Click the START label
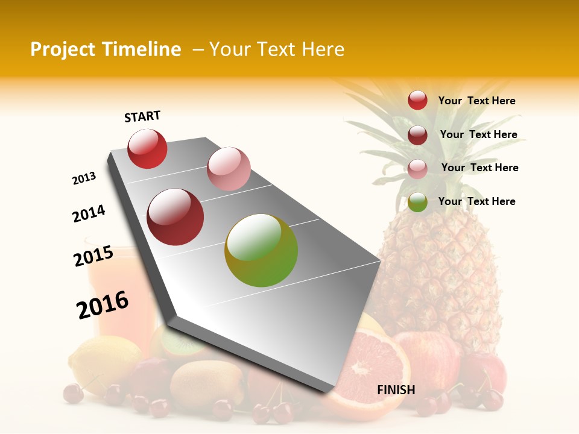click(142, 116)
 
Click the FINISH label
click(396, 390)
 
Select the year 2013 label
click(84, 178)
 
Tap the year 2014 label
click(89, 213)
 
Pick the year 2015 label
click(93, 256)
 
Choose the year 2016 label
click(103, 305)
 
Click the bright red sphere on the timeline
click(147, 148)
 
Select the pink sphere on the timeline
click(229, 168)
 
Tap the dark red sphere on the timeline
click(176, 217)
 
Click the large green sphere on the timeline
click(261, 250)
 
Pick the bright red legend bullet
click(417, 101)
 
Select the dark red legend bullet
click(417, 135)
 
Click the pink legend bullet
click(417, 168)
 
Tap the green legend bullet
click(417, 202)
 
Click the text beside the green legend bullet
click(476, 201)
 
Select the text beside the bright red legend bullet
click(476, 101)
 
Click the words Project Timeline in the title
click(106, 49)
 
